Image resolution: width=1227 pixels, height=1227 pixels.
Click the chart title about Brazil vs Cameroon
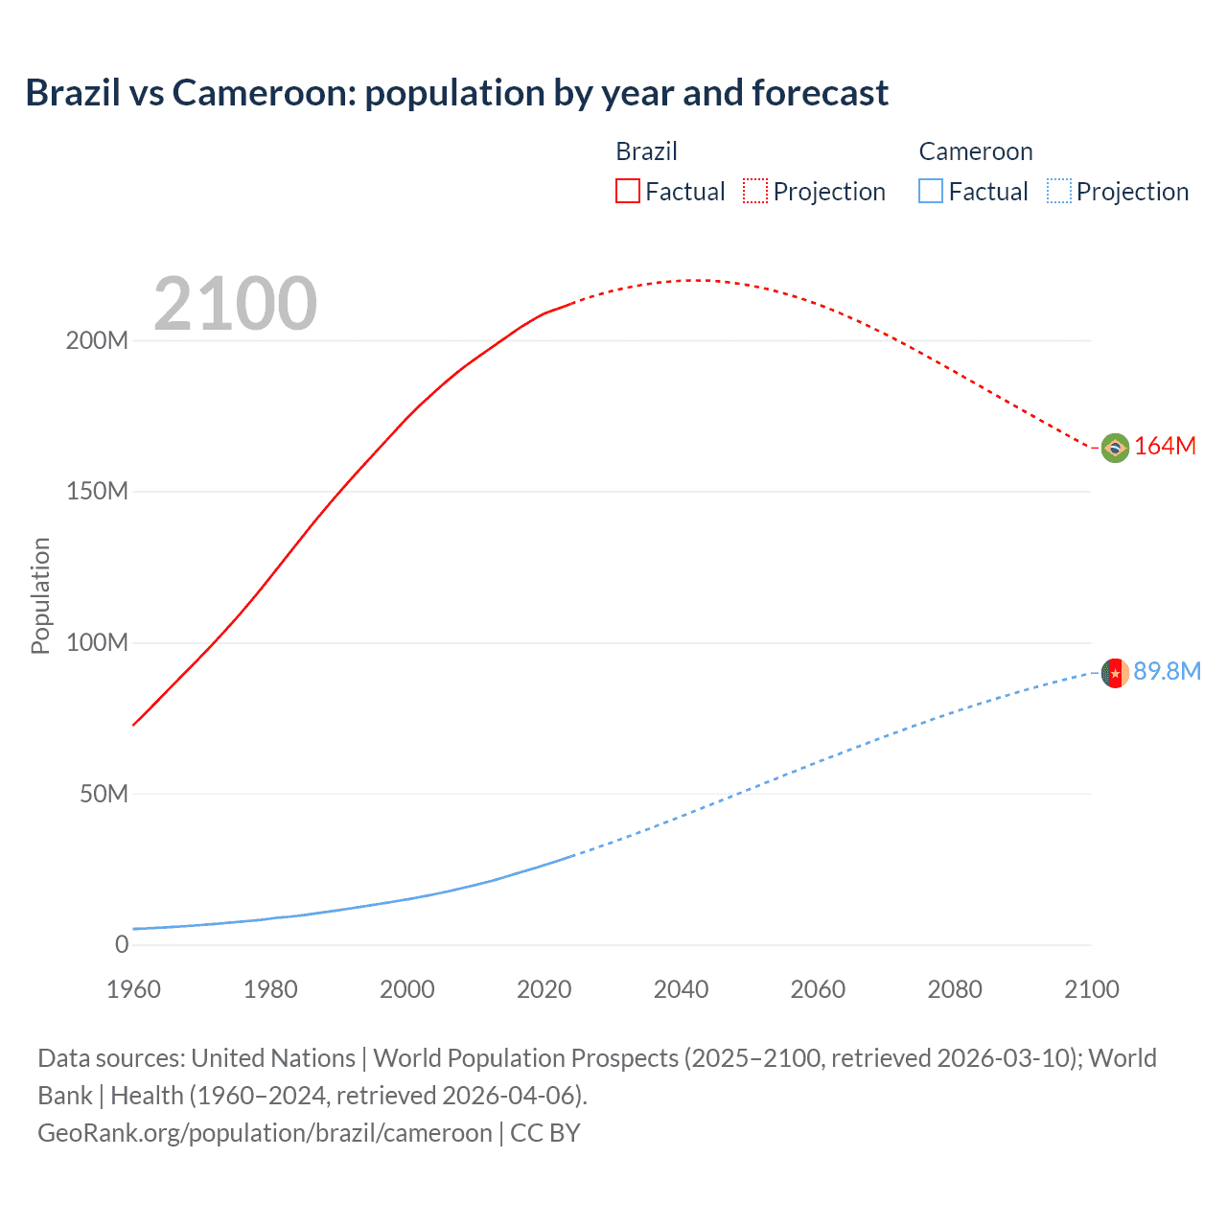coord(456,93)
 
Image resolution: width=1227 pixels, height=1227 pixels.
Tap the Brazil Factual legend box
coord(627,191)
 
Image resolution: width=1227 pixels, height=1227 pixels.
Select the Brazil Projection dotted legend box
coord(755,191)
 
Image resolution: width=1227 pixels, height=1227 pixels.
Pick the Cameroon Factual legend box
coord(930,191)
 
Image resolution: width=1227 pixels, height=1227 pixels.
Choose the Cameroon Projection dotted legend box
coord(1058,191)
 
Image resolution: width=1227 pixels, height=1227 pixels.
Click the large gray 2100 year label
coord(235,304)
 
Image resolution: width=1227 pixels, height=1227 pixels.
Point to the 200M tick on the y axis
coord(97,340)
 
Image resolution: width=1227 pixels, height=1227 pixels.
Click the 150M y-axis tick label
coord(97,492)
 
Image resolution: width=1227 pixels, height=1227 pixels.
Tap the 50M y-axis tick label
coord(104,794)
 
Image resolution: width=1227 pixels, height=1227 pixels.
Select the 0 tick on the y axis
coord(121,944)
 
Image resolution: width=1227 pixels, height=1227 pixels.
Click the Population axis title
coord(40,595)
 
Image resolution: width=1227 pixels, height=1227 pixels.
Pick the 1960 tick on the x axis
coord(133,989)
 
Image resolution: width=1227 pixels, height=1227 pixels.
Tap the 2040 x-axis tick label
coord(681,989)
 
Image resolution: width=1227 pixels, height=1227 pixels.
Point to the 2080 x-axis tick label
coord(955,989)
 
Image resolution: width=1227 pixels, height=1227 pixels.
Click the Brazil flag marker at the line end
coord(1114,448)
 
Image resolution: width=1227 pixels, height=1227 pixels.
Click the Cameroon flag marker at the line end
coord(1114,673)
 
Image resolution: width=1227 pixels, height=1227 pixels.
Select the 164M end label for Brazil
coord(1165,446)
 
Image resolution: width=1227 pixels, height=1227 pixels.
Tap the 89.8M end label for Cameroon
coord(1167,671)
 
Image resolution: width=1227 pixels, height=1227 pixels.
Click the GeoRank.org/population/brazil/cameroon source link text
coord(265,1133)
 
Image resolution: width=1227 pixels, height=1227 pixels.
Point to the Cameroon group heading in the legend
coord(975,151)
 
